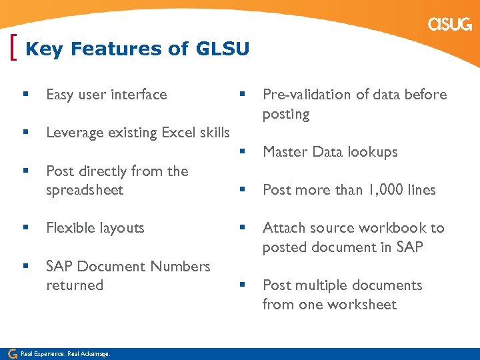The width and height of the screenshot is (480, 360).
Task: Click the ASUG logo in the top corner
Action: tap(450, 25)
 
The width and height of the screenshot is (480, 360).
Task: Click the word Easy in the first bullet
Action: tap(60, 95)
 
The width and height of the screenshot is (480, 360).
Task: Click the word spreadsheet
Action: tap(85, 190)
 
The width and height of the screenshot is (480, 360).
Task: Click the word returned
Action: tap(75, 285)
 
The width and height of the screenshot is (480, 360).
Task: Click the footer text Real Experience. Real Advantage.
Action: tap(65, 353)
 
